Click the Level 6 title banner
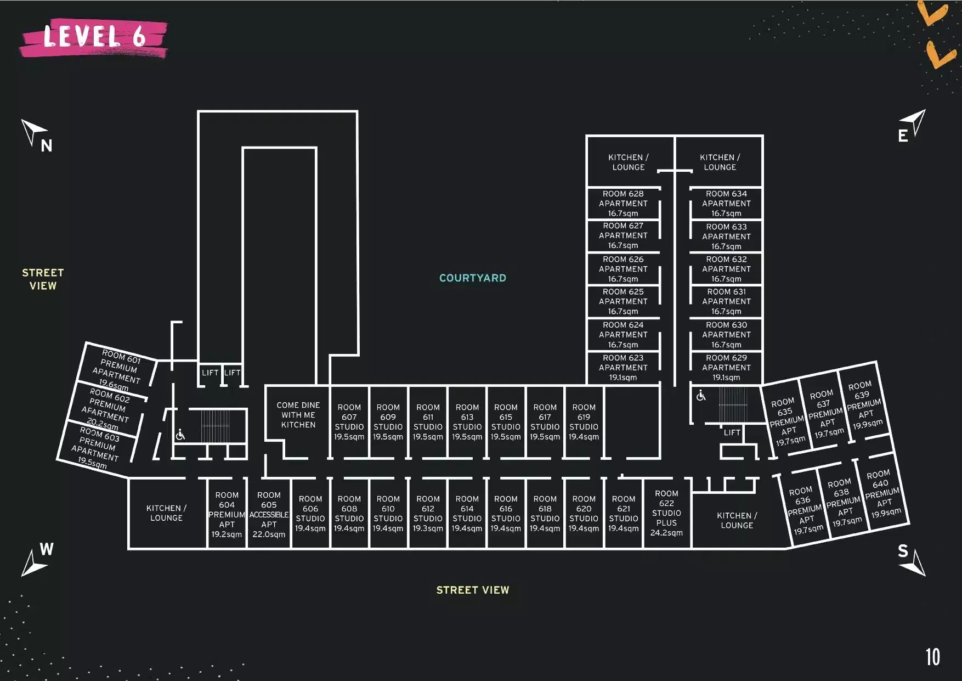click(94, 38)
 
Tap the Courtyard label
click(473, 278)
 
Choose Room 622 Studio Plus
click(666, 513)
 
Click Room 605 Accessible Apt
click(269, 514)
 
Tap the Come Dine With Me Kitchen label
click(298, 415)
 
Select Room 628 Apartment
click(623, 204)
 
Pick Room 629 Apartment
click(726, 368)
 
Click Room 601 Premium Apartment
click(118, 369)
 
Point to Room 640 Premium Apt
click(882, 493)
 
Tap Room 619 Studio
click(584, 422)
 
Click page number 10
click(932, 657)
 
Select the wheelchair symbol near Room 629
click(701, 395)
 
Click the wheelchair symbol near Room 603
click(180, 435)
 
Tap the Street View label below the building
click(473, 590)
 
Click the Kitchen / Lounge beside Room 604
click(167, 513)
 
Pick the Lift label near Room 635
click(732, 432)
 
